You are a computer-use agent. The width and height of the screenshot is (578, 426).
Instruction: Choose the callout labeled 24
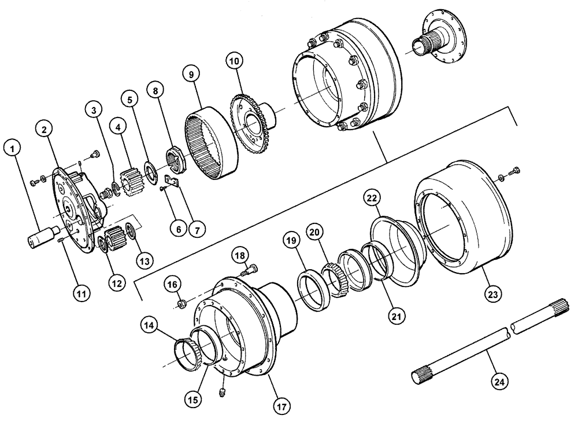(x=499, y=381)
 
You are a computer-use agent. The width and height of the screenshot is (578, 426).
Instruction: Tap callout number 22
(x=372, y=199)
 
